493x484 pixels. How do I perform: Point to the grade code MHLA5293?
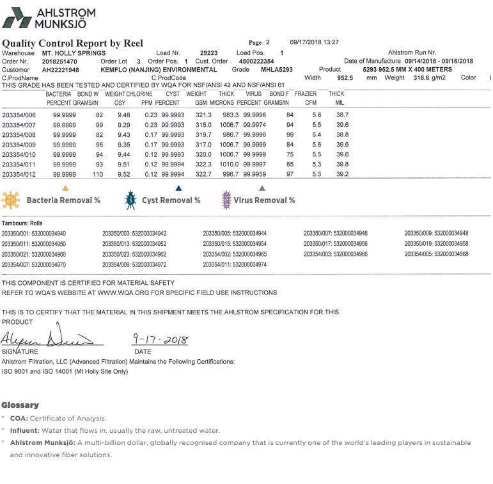click(x=277, y=69)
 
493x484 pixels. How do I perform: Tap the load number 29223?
click(x=208, y=52)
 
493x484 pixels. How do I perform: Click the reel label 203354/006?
click(x=19, y=115)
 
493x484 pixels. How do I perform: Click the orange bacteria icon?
click(x=11, y=200)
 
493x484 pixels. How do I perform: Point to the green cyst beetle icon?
click(x=130, y=200)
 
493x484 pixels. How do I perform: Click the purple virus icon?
click(x=225, y=200)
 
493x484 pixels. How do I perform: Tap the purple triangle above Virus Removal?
click(x=262, y=188)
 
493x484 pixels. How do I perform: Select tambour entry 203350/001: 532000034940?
click(x=34, y=233)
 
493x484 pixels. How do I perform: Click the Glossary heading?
click(x=20, y=405)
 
